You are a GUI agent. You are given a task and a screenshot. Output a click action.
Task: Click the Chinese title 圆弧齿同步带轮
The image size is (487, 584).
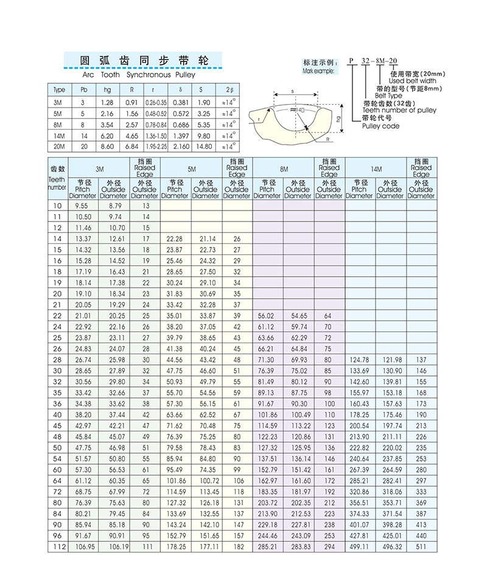pyautogui.click(x=144, y=61)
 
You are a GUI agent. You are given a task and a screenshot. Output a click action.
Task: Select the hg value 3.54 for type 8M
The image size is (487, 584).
pyautogui.click(x=107, y=124)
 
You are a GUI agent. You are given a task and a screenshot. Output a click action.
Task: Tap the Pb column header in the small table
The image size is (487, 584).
pyautogui.click(x=83, y=90)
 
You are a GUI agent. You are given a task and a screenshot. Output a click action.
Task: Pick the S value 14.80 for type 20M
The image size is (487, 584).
pyautogui.click(x=205, y=147)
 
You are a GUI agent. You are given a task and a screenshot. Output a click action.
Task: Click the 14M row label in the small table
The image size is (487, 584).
pyautogui.click(x=59, y=136)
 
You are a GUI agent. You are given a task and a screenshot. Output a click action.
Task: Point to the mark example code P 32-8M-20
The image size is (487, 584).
pyautogui.click(x=373, y=61)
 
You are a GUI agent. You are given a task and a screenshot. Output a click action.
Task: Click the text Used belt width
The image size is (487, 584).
pyautogui.click(x=412, y=81)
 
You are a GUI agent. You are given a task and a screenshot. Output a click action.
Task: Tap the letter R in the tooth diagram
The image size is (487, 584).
pyautogui.click(x=328, y=139)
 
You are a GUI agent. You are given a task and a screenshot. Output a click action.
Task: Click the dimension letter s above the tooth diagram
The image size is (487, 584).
pyautogui.click(x=292, y=91)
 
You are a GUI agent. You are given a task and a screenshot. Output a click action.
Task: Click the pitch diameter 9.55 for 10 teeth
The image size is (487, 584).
pyautogui.click(x=82, y=206)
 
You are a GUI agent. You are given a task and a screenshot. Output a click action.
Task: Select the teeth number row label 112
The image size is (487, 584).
pyautogui.click(x=57, y=547)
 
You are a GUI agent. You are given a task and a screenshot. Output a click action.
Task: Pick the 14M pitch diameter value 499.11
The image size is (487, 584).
pyautogui.click(x=359, y=547)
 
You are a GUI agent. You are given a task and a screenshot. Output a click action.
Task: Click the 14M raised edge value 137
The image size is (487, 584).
pyautogui.click(x=421, y=360)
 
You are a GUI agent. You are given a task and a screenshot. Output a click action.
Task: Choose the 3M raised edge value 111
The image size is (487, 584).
pyautogui.click(x=145, y=547)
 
